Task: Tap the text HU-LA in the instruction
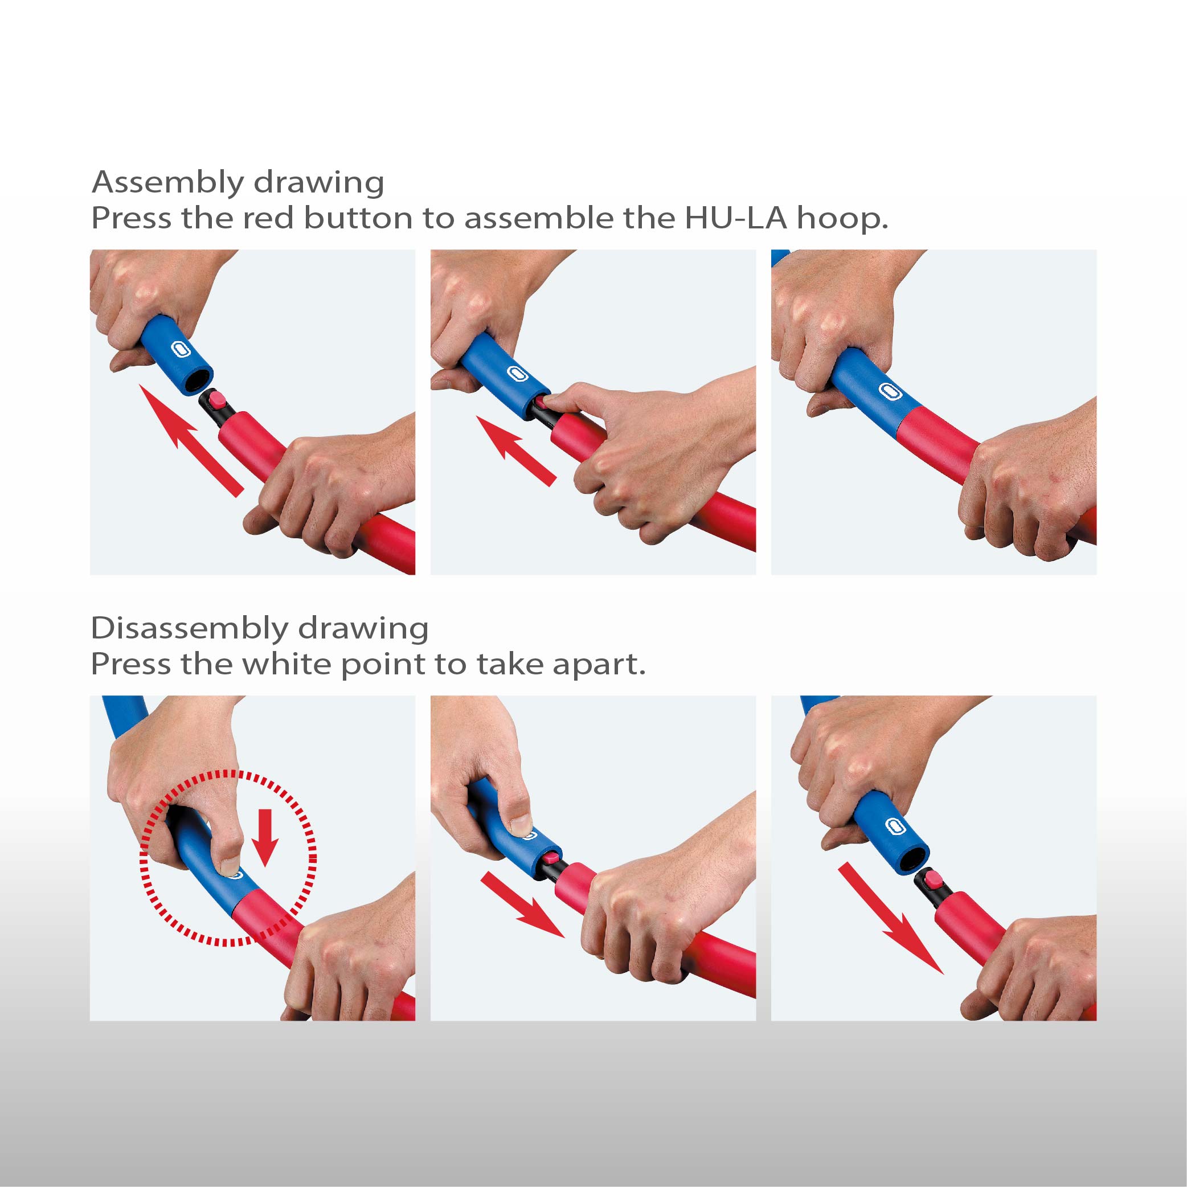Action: pyautogui.click(x=735, y=218)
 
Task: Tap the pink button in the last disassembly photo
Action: pyautogui.click(x=935, y=880)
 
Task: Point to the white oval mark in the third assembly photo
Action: pyautogui.click(x=888, y=391)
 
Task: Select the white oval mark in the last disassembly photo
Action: pyautogui.click(x=897, y=826)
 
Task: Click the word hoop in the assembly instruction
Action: pyautogui.click(x=842, y=218)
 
